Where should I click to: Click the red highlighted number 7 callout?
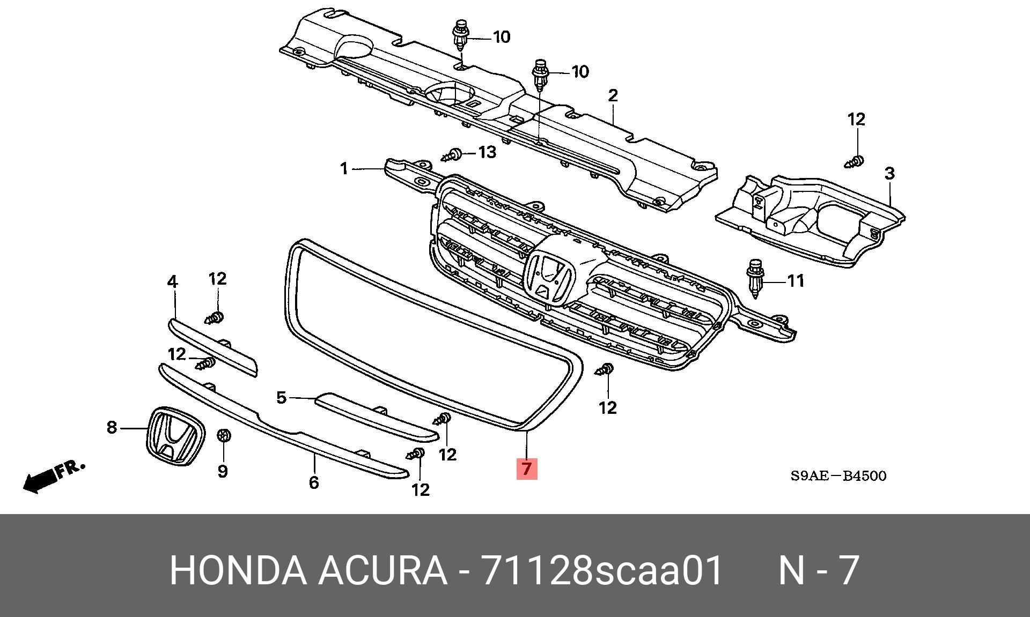tap(526, 469)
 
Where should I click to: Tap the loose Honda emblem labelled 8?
tap(176, 436)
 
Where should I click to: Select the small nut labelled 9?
tap(223, 436)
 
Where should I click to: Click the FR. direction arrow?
tap(54, 476)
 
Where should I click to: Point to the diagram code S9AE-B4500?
tap(838, 475)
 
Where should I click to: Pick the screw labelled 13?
tap(452, 155)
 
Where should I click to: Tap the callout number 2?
tap(613, 96)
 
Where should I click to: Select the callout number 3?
tap(889, 173)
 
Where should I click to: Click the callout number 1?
tap(344, 169)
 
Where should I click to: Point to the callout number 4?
tap(172, 281)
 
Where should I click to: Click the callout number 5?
tap(281, 397)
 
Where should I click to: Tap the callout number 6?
tap(314, 482)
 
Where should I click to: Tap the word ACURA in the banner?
tap(382, 570)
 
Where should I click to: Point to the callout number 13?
tap(487, 152)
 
